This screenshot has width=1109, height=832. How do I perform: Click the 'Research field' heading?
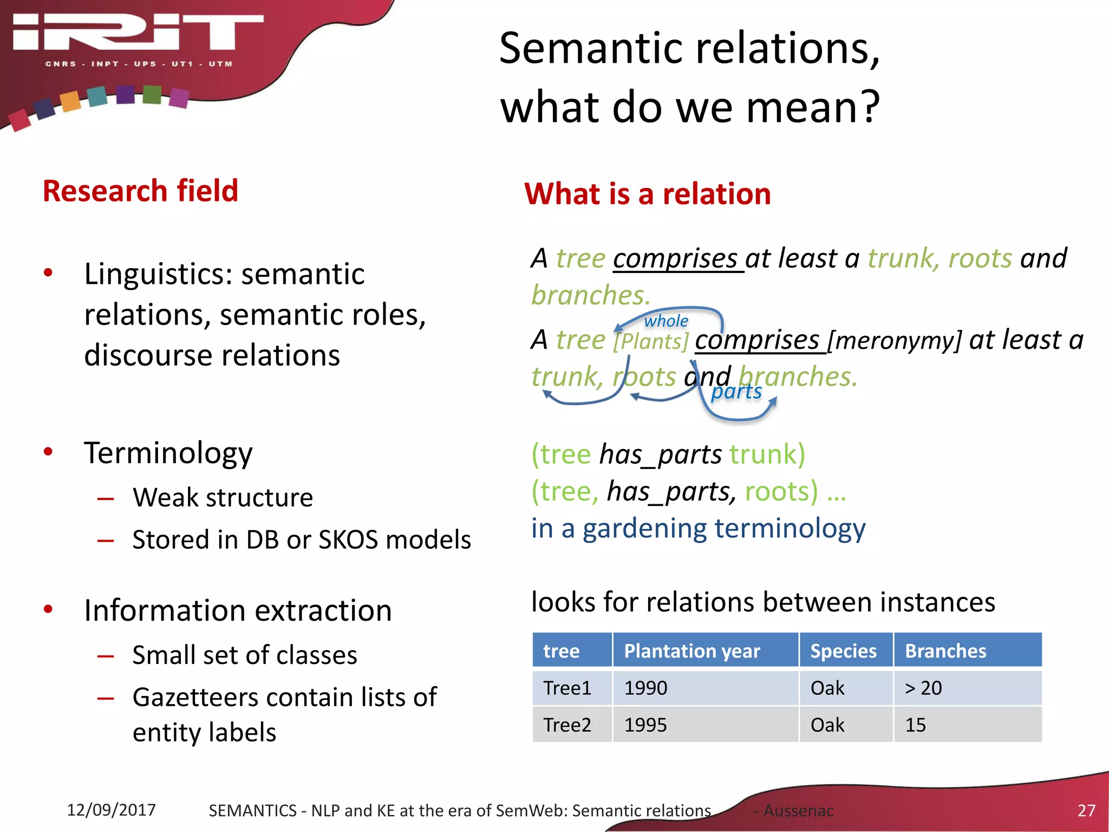click(140, 191)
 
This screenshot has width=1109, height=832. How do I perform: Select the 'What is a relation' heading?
click(647, 194)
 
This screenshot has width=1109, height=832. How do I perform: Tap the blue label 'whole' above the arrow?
click(666, 321)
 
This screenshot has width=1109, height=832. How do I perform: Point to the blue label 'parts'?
click(736, 391)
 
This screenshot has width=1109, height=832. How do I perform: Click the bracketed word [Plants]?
click(651, 342)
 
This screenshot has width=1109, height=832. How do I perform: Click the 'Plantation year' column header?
click(692, 651)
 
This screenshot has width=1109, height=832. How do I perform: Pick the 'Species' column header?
click(843, 651)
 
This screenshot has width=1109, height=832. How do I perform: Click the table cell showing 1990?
click(645, 688)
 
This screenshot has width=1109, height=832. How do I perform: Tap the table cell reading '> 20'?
click(923, 688)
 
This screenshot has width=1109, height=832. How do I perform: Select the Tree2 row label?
click(567, 725)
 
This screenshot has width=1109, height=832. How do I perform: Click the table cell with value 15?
click(915, 725)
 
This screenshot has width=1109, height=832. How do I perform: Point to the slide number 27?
click(1086, 810)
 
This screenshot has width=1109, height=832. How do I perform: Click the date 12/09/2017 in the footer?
click(111, 810)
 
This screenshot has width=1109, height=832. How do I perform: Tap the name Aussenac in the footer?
click(798, 811)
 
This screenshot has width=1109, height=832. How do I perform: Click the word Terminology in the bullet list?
click(168, 453)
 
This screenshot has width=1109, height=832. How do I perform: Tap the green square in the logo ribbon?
click(152, 95)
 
